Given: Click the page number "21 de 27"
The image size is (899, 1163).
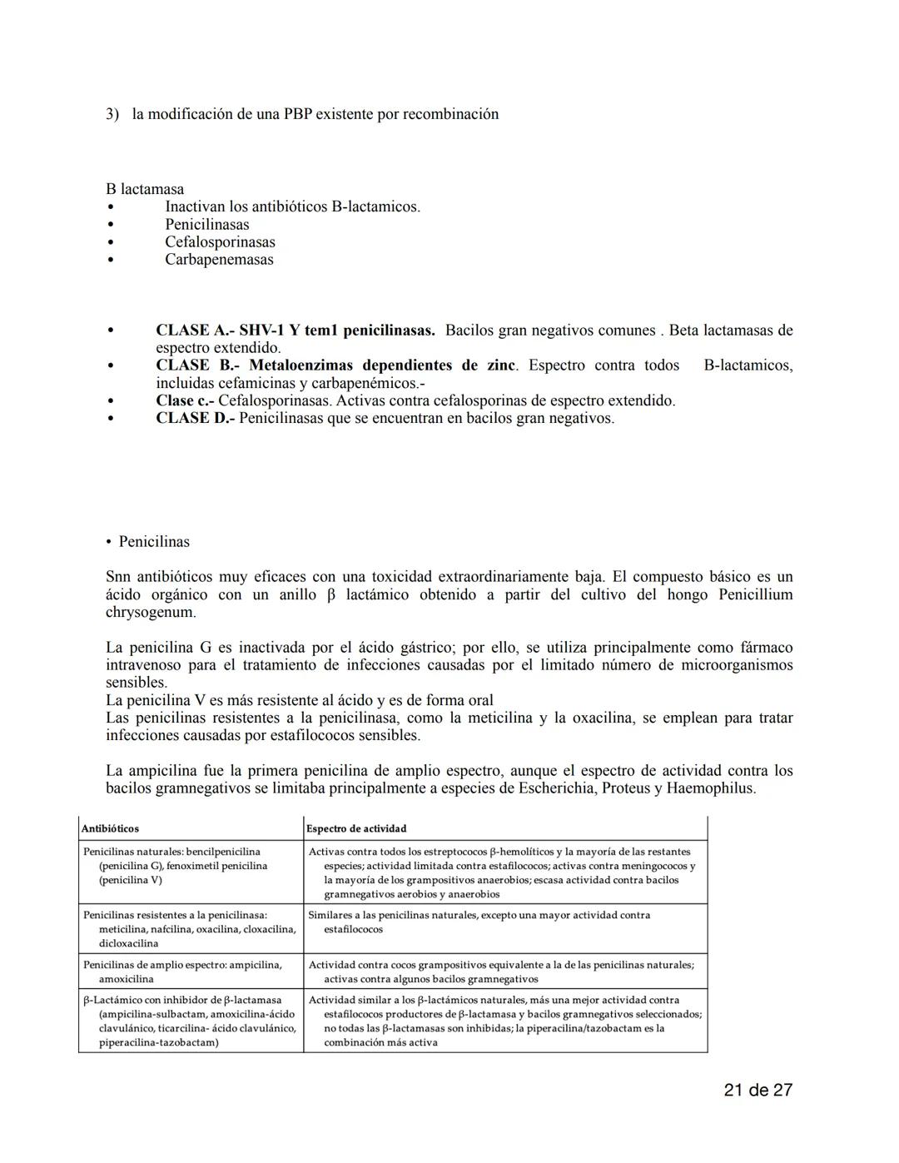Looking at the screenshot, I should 757,1090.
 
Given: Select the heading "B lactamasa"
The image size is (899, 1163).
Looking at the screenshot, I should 145,189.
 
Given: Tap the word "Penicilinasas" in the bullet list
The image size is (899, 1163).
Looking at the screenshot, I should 206,224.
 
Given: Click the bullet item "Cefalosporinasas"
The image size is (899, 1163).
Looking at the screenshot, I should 220,241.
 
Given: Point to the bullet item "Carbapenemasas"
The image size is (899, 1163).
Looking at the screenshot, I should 219,259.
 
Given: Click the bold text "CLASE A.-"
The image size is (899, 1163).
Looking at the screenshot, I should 194,331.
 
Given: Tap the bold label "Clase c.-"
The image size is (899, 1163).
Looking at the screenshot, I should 185,400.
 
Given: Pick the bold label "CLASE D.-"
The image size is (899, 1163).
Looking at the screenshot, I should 196,418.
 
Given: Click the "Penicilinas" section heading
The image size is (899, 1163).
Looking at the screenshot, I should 154,541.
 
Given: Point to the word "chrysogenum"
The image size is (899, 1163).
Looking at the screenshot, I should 150,612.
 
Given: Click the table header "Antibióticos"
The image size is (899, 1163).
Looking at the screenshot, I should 110,828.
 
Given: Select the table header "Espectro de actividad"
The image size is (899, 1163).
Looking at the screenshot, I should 356,828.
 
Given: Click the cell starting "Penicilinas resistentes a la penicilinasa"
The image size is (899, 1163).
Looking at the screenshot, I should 189,929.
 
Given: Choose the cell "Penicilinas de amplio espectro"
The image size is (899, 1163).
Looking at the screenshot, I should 182,972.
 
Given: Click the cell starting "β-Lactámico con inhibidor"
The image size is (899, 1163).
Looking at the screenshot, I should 189,1021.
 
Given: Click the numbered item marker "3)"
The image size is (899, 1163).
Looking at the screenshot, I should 112,114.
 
